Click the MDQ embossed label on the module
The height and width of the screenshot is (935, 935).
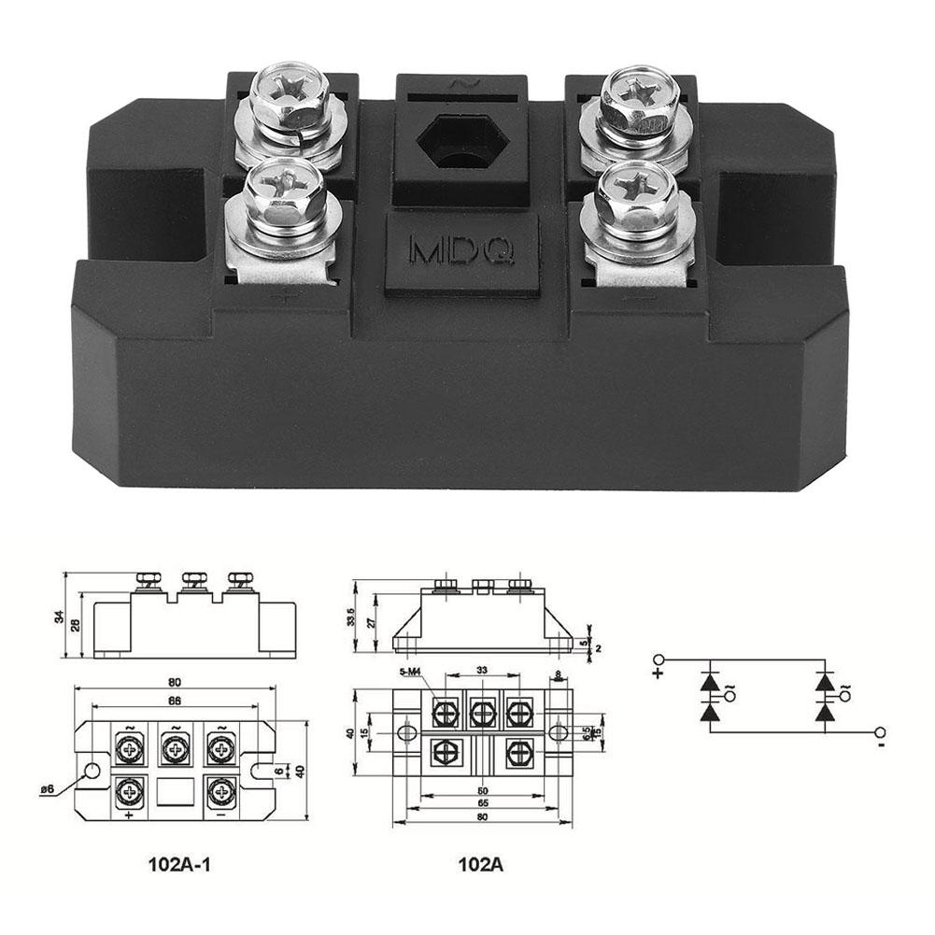(462, 250)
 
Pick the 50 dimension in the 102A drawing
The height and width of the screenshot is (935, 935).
(483, 790)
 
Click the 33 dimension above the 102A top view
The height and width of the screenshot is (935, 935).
(482, 671)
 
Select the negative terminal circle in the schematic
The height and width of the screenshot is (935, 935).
(879, 732)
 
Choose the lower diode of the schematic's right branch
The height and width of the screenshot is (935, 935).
(824, 714)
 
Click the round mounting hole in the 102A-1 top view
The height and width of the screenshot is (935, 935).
(92, 772)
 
